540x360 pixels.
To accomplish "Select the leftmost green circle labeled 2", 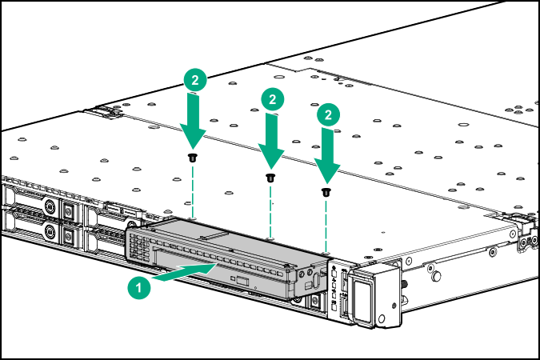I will coord(196,80).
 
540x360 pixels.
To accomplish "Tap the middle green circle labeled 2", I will coord(273,100).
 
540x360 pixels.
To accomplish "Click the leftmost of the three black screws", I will coord(193,158).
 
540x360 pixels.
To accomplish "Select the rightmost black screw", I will coord(326,191).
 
